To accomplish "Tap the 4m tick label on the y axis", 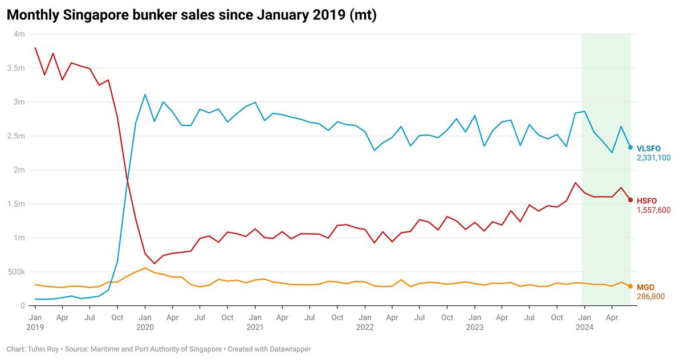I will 19,34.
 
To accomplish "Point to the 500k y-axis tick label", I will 16,272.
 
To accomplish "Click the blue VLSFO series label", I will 648,148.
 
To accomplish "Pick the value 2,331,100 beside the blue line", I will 653,157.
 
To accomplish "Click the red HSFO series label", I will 646,201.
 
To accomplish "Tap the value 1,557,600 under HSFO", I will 653,210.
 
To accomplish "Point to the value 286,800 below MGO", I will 650,296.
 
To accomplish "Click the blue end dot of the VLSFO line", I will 630,148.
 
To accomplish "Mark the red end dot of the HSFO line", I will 630,200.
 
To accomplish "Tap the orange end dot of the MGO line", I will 630,287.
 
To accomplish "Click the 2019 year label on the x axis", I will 35,328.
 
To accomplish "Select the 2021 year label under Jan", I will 255,328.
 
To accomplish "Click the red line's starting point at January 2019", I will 35,48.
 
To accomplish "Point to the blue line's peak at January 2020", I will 145,95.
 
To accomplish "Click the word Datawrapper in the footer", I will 288,349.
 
